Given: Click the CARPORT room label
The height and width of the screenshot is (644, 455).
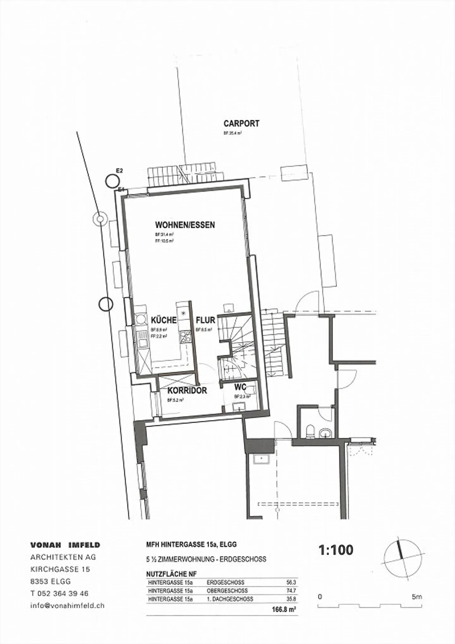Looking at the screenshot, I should pos(241,123).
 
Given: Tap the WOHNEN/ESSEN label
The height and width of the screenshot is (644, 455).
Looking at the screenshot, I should pos(185,225).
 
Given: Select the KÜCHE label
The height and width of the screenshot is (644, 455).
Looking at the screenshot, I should pos(164,320).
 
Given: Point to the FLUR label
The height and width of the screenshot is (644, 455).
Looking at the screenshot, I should pos(205,320).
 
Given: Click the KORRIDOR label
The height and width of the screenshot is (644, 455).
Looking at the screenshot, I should pos(187,390).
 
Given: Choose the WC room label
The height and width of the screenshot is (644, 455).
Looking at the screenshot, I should pos(240,387).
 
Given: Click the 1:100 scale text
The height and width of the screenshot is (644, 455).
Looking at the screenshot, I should pos(336,550).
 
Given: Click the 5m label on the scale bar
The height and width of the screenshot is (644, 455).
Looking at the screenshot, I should pos(417,597).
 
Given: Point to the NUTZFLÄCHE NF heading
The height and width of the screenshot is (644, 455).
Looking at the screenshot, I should pos(171,574).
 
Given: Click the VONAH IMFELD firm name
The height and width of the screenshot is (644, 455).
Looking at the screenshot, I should pos(65,545).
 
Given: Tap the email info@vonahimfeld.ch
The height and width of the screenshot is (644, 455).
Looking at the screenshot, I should pos(67,605).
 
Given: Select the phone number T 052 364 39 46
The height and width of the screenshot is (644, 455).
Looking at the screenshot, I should pos(59,593).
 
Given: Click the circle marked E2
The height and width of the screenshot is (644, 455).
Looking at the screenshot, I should pos(112,181).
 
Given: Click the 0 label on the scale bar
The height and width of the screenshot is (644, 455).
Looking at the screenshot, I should pos(320,597).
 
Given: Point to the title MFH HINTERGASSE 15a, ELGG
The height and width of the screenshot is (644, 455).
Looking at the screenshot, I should pos(191,545).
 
